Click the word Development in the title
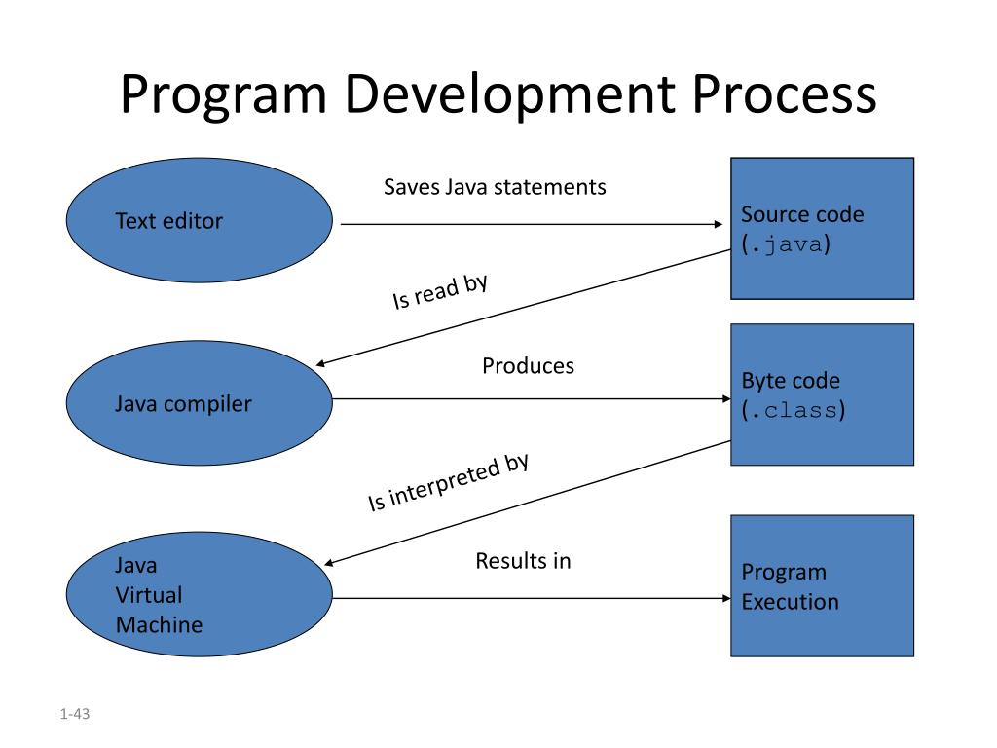tap(511, 95)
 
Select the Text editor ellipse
tap(200, 221)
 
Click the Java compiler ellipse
tap(200, 401)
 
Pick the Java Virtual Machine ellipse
tap(200, 594)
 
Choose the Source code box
tap(822, 228)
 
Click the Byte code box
tap(822, 394)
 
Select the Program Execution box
tap(822, 585)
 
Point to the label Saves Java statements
tap(495, 186)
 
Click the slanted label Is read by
tap(439, 292)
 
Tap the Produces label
tap(528, 366)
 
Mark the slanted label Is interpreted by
tap(448, 483)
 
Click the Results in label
tap(523, 561)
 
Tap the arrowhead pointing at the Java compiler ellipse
tap(322, 364)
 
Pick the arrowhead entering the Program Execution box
tap(724, 598)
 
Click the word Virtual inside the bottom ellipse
tap(148, 594)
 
